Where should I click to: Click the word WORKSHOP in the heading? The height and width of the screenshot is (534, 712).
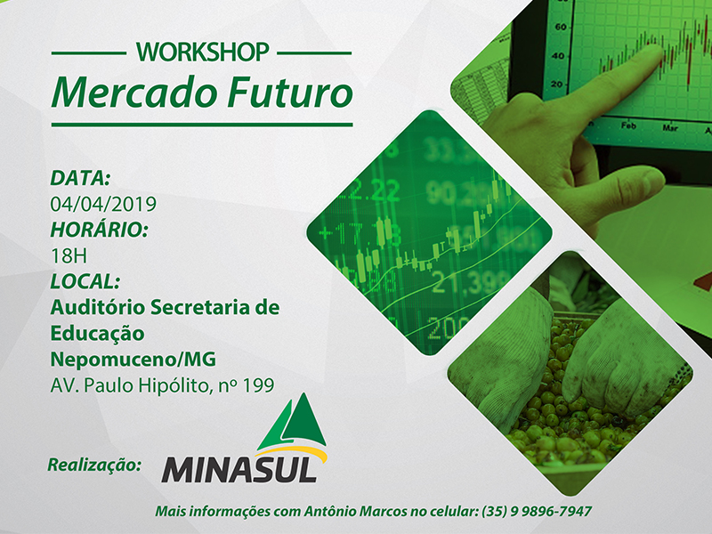pos(203,53)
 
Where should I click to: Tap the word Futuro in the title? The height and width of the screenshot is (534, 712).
pos(291,93)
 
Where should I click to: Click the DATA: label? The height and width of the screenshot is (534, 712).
pos(80,178)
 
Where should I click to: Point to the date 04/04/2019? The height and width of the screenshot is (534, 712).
pos(103,205)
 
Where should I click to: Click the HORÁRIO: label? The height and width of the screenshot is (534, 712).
pos(99,230)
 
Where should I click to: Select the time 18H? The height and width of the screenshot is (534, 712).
pos(69,256)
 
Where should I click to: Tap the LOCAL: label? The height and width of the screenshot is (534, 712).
pos(85,281)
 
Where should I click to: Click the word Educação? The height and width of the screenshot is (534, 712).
pos(97,334)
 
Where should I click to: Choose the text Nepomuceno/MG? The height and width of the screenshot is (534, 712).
pos(133,360)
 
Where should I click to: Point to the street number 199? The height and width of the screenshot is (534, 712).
pos(258,385)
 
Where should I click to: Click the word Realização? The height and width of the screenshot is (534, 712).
pos(94,465)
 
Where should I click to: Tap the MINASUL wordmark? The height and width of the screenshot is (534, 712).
pos(239,469)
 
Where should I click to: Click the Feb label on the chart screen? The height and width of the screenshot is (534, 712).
pos(628,125)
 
